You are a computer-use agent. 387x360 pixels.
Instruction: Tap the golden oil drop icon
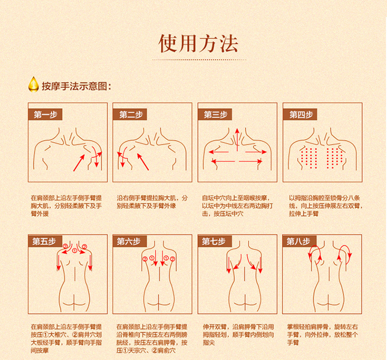point(34,85)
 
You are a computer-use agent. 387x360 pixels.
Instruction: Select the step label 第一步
point(45,114)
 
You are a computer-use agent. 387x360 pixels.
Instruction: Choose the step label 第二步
point(131,114)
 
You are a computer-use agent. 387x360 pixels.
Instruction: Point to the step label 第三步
point(215,114)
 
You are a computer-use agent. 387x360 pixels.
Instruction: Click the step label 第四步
point(300,114)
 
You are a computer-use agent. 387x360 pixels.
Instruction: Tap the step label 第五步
point(44,241)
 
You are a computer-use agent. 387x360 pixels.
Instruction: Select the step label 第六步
point(130,241)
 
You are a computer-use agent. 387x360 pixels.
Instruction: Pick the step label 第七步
point(214,241)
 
